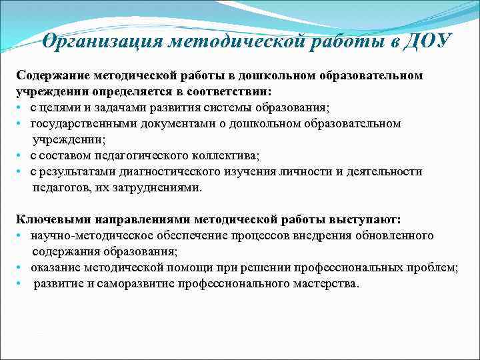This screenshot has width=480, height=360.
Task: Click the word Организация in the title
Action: [x=101, y=41]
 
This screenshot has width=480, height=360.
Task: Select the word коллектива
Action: [x=225, y=155]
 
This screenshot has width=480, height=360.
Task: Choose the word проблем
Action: [x=433, y=267]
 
